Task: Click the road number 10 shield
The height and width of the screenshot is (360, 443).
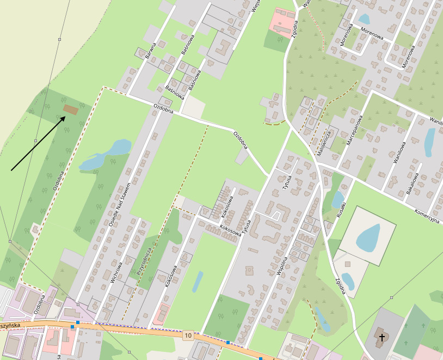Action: tap(188, 334)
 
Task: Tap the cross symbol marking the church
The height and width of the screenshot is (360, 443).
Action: tap(382, 338)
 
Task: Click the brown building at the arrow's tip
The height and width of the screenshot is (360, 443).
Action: tap(70, 109)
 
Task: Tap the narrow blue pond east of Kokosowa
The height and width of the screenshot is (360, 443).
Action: tap(197, 282)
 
